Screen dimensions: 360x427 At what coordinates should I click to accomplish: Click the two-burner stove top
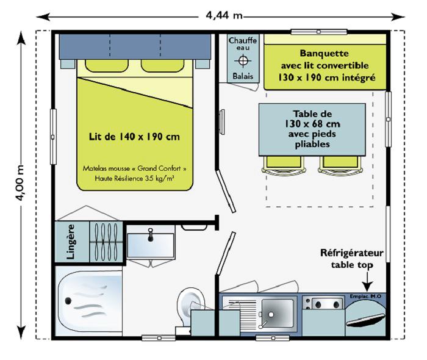324,304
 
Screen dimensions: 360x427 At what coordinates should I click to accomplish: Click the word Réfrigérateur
351,253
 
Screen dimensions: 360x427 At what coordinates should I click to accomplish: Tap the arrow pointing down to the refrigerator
367,282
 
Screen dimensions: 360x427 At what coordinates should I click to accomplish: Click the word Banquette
324,53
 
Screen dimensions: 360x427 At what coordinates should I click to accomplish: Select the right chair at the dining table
335,164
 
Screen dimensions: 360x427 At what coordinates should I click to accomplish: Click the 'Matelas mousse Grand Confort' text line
134,168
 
